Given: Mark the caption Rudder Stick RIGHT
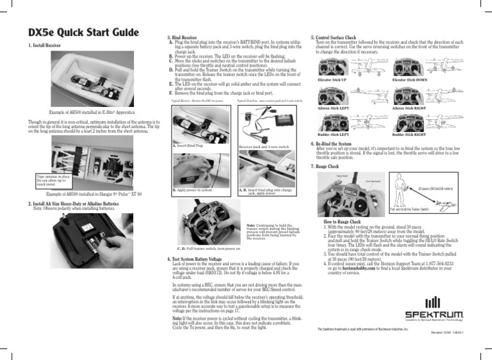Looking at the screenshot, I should pos(411,135).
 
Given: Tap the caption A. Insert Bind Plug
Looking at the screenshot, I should pos(188,145).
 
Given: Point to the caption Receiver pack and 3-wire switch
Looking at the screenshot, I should pos(263,147).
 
